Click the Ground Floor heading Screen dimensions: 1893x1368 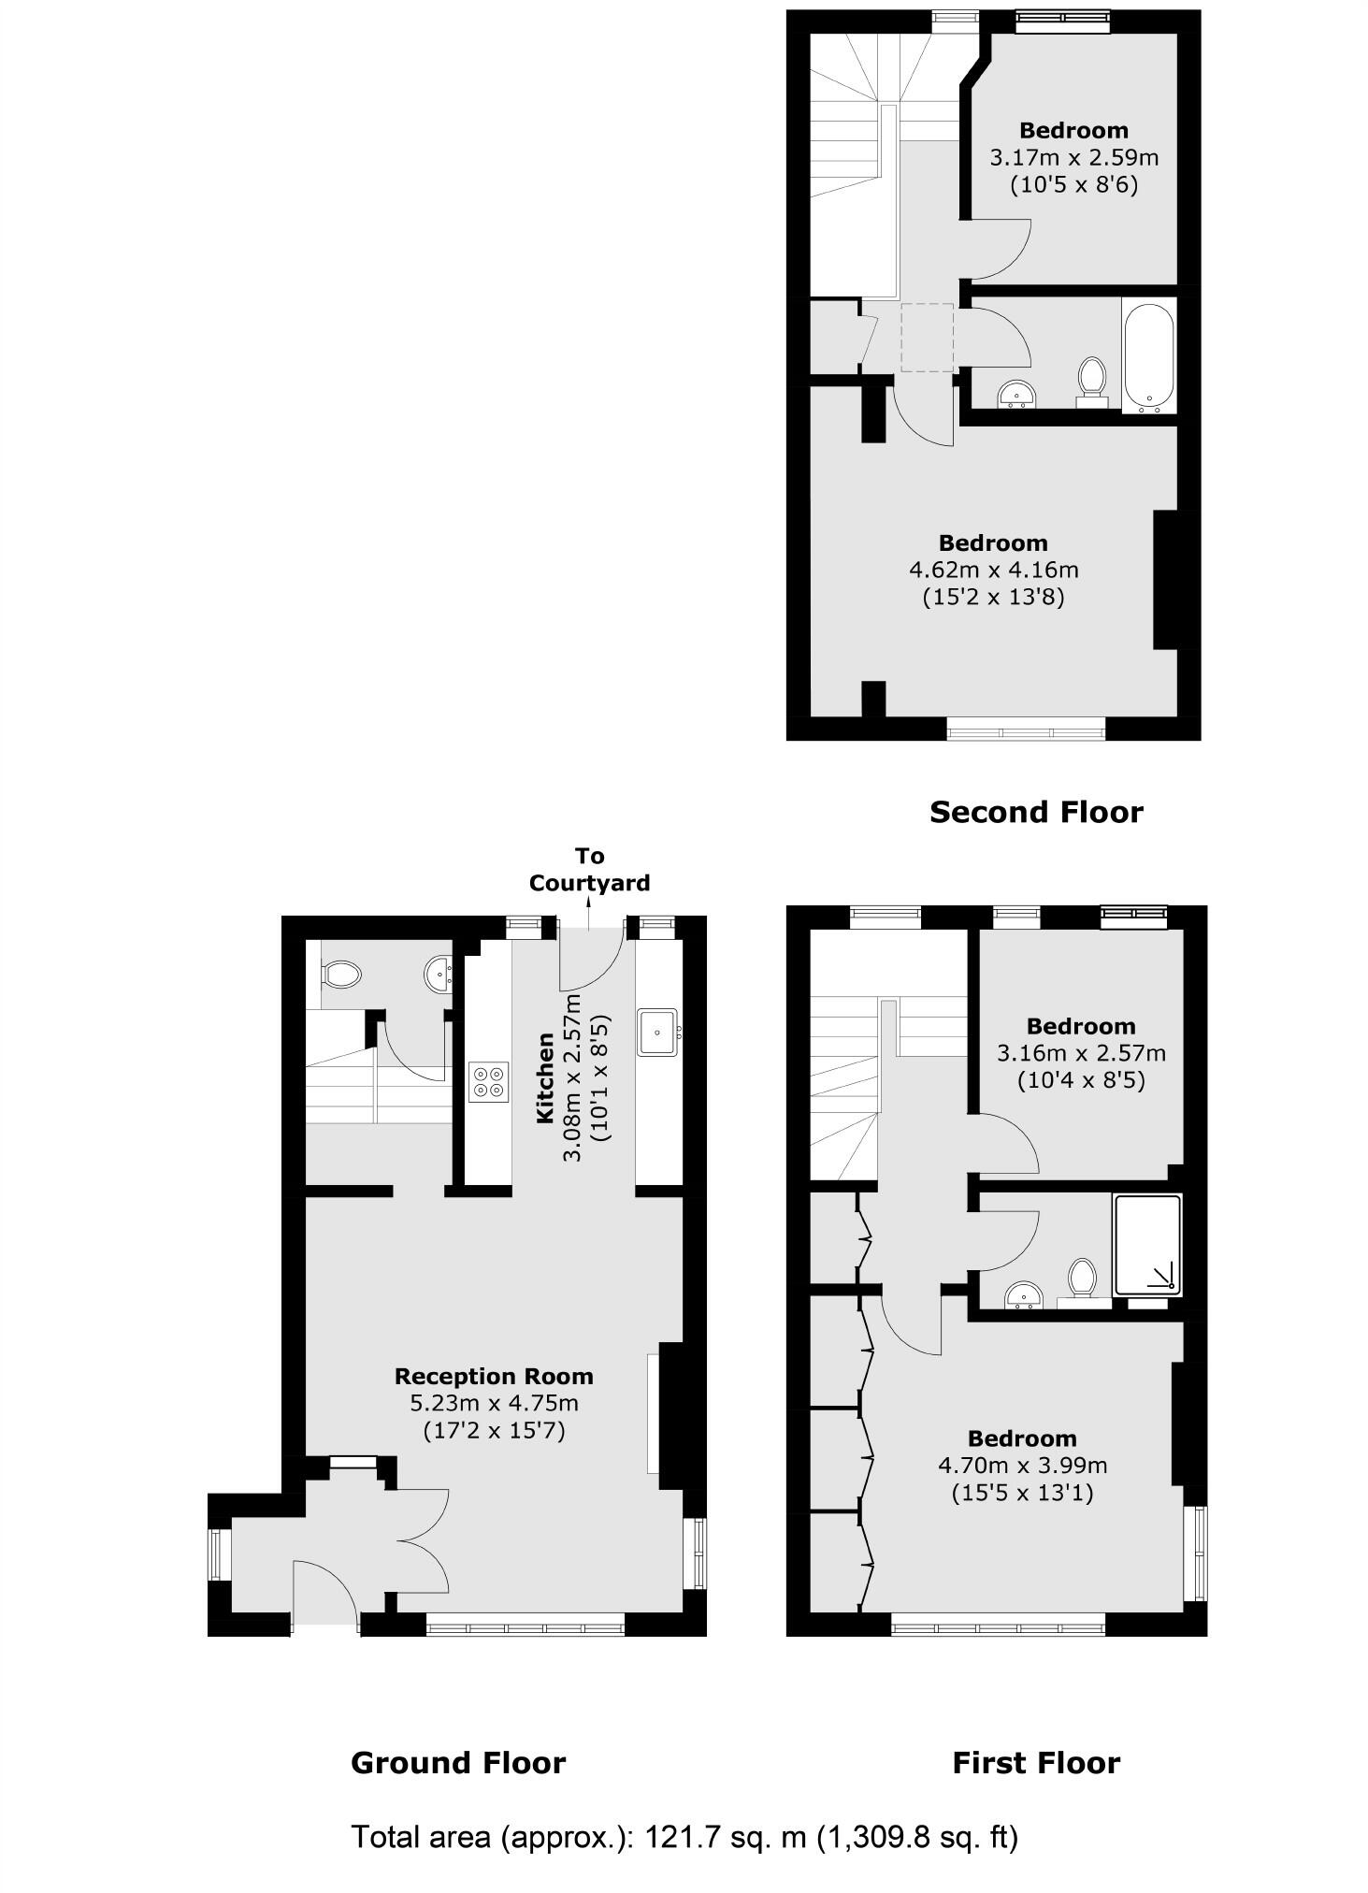457,1763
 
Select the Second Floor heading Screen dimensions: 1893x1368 1036,812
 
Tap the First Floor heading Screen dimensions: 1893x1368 1036,1763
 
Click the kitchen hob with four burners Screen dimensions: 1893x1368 489,1082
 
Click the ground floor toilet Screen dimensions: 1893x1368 340,975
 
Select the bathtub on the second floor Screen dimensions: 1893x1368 1148,355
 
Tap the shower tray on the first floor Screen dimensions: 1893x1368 1147,1245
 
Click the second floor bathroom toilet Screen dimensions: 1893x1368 1091,379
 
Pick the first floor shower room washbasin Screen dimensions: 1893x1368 1024,1296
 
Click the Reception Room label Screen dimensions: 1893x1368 494,1377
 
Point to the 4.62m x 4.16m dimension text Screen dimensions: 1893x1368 993,570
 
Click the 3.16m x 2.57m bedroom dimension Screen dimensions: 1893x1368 1081,1053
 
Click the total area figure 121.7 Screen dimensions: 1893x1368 677,1837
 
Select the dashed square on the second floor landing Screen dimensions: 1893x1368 927,338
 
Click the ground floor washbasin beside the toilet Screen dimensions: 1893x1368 439,974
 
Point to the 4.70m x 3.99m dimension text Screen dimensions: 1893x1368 1022,1465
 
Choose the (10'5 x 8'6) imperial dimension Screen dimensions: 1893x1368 1073,184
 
